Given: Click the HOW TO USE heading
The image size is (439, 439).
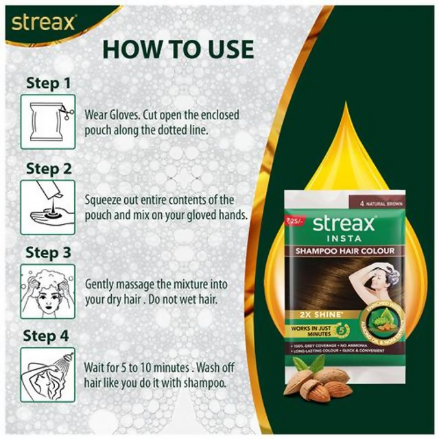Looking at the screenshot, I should [x=178, y=49].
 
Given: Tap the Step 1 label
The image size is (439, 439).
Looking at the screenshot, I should [x=48, y=84].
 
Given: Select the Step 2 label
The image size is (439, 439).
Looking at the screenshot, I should [x=48, y=168].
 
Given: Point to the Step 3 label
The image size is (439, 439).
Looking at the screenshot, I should [x=48, y=252].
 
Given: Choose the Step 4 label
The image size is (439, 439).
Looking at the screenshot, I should [x=48, y=336].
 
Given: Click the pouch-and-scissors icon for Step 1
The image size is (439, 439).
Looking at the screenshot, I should [x=47, y=121].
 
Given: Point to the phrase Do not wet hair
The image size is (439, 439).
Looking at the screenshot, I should [x=206, y=298].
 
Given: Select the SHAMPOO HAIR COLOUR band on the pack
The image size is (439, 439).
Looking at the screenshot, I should [x=354, y=250].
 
